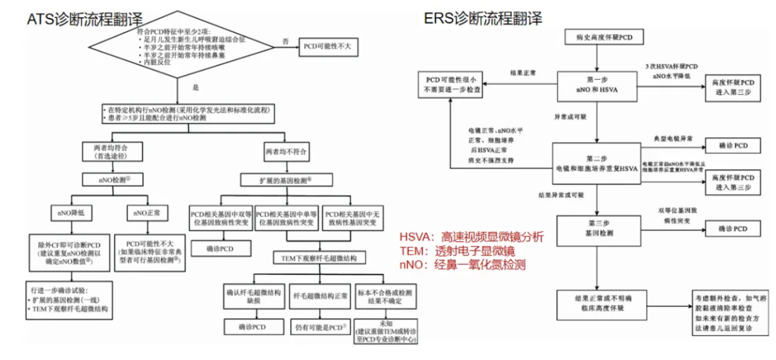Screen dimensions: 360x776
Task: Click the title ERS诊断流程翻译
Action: tap(483, 19)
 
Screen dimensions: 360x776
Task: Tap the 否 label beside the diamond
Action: tap(285, 41)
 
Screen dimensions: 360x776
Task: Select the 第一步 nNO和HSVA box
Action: tap(596, 85)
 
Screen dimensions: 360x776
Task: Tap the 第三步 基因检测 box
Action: tap(596, 230)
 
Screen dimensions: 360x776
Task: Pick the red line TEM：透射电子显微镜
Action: tap(457, 252)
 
